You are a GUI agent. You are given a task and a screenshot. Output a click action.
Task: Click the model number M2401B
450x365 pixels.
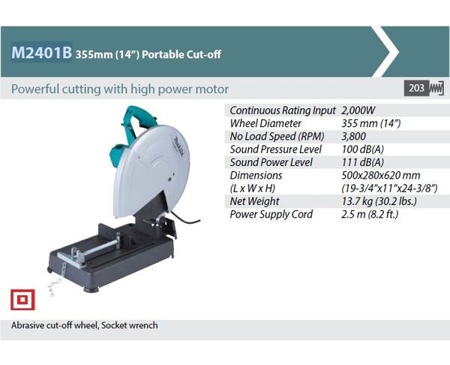pos(41,53)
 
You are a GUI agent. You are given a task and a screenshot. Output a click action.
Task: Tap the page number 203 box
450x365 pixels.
pos(416,88)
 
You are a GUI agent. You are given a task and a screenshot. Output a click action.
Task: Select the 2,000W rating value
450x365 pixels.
pos(358,110)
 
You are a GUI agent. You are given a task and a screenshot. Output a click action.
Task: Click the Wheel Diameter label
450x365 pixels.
pos(265,123)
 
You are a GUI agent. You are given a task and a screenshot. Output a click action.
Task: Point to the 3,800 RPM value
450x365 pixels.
pos(353,136)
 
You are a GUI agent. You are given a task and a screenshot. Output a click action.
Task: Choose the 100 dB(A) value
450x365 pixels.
pos(363,149)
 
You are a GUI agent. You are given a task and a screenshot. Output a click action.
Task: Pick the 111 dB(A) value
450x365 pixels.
pos(363,162)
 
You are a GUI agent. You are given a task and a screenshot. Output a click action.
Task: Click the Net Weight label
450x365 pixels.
pos(254,201)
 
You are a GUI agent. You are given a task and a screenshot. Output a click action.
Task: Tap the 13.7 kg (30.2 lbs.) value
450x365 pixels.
pos(379,201)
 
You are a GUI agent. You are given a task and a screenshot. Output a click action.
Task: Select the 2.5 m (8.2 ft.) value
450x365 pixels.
pos(370,214)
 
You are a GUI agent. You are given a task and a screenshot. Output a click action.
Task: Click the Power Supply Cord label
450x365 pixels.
pos(271,214)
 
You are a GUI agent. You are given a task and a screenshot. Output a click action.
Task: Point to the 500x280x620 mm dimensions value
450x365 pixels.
pos(381,175)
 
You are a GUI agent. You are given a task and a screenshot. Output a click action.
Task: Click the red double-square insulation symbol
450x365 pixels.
pos(22,300)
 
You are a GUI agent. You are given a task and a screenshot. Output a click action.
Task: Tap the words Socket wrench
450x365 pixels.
pos(130,325)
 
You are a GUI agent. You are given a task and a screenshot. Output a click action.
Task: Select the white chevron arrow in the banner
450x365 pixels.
pos(386,52)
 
